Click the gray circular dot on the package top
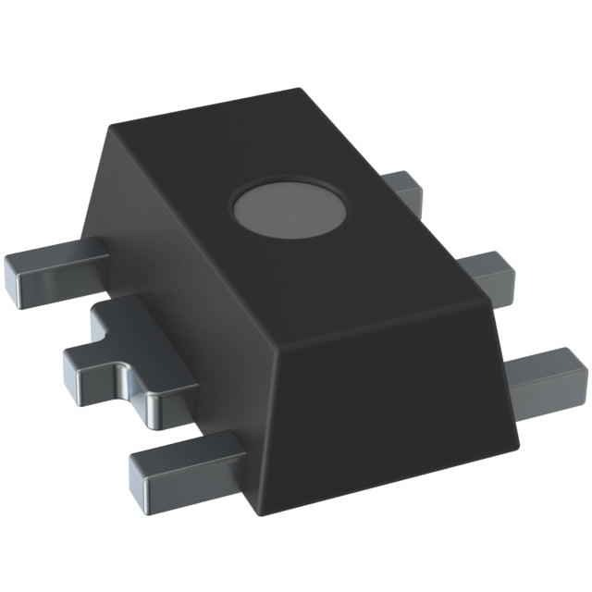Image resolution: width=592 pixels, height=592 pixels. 290,208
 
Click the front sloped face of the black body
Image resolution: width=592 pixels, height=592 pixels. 388,407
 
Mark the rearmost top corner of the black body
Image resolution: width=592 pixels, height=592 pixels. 302,90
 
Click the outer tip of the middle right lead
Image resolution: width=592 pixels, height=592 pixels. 507,271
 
